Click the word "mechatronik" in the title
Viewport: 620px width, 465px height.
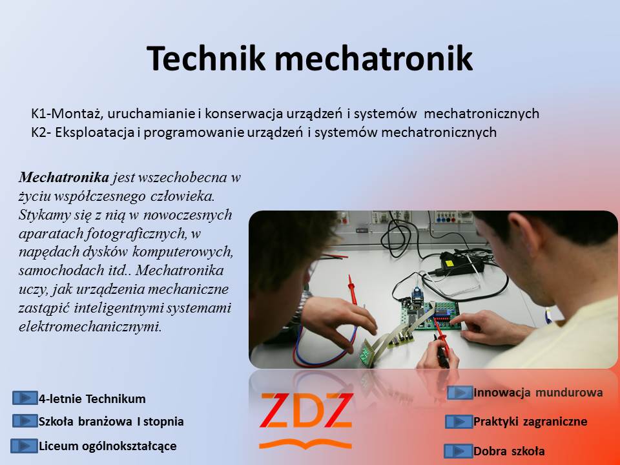374,58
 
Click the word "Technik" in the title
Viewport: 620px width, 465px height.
205,58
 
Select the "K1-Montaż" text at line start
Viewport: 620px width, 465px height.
68,114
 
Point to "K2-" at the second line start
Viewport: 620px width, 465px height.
41,132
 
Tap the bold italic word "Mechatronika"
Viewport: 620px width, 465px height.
64,177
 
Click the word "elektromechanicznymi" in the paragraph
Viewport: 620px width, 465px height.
90,327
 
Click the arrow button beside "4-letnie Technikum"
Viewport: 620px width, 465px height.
25,398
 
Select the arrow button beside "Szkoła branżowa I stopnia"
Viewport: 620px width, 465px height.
25,420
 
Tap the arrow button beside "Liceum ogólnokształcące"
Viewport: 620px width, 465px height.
24,446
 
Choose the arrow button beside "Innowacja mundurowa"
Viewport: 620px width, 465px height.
460,393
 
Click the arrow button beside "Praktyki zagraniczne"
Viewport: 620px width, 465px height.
459,422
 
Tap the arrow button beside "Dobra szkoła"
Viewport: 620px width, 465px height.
458,451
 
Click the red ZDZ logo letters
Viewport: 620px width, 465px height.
305,411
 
